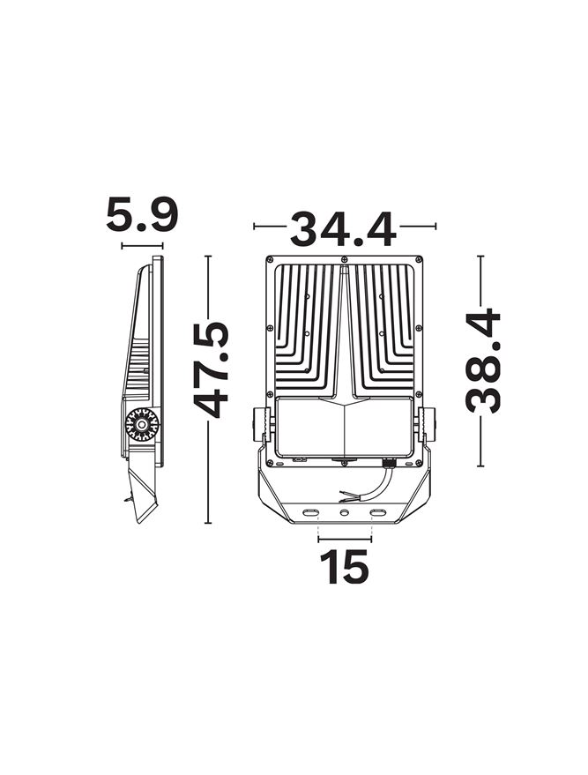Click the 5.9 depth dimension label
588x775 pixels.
point(141,215)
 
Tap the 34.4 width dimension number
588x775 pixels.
point(344,228)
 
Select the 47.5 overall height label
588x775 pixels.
point(211,369)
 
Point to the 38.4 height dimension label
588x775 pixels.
point(483,360)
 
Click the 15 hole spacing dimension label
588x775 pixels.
point(344,566)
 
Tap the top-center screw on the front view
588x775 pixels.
point(344,258)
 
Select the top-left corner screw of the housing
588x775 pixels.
point(270,259)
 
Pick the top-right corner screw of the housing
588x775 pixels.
point(419,259)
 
